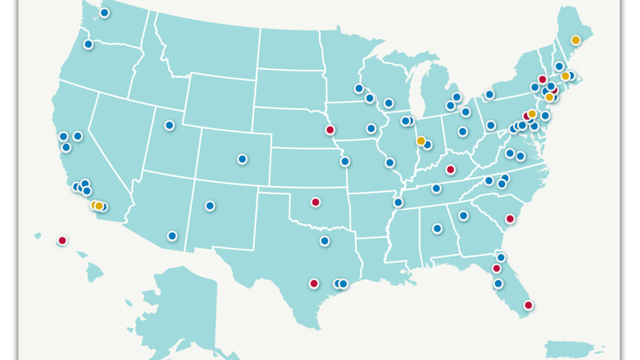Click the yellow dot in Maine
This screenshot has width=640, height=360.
(x=575, y=40)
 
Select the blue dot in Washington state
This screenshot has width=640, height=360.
(x=104, y=13)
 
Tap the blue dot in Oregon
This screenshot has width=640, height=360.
(x=88, y=44)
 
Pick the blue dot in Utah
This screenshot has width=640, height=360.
(x=169, y=125)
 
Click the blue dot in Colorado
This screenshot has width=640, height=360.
(x=242, y=159)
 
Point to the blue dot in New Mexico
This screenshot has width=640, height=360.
(x=210, y=206)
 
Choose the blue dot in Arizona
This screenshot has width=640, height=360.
(x=172, y=236)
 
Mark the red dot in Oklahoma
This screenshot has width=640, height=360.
(x=315, y=202)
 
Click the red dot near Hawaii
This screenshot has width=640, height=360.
(x=62, y=240)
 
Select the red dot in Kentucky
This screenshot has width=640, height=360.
(x=450, y=170)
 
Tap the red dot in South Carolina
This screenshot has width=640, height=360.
(x=510, y=219)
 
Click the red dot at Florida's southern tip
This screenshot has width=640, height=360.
(x=528, y=305)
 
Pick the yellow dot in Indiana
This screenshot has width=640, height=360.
(x=421, y=141)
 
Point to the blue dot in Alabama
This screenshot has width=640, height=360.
(x=437, y=228)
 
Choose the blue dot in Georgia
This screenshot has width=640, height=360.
(x=463, y=215)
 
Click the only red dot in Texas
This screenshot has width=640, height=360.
(x=314, y=284)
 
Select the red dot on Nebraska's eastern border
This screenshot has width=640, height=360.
(x=330, y=130)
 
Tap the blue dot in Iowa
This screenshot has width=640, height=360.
(x=371, y=129)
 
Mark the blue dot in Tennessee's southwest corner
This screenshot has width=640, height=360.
(x=398, y=202)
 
